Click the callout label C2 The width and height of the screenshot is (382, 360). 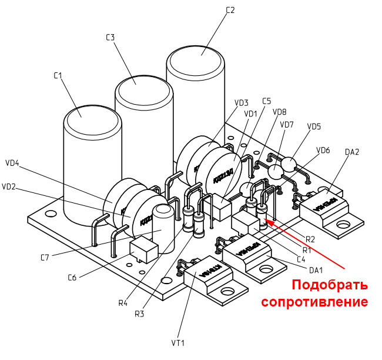(x=230, y=10)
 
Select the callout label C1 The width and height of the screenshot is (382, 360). (x=58, y=75)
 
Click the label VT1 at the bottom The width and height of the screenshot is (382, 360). (x=178, y=342)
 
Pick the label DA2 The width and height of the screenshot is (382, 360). (x=352, y=152)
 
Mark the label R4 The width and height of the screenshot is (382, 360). (x=123, y=303)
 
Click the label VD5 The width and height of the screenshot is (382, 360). (x=314, y=126)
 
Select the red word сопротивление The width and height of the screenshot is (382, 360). (x=314, y=302)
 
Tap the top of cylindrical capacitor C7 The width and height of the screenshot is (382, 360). (x=162, y=210)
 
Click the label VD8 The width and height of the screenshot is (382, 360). (x=280, y=112)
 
